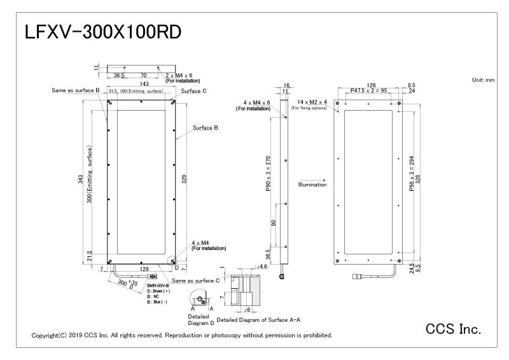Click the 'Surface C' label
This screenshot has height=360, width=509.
194,92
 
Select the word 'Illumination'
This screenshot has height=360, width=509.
312,184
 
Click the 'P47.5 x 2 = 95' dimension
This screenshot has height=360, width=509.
372,92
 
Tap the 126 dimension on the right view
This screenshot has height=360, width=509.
372,85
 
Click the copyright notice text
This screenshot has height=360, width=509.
181,335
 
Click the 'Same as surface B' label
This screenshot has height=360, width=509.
76,92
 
